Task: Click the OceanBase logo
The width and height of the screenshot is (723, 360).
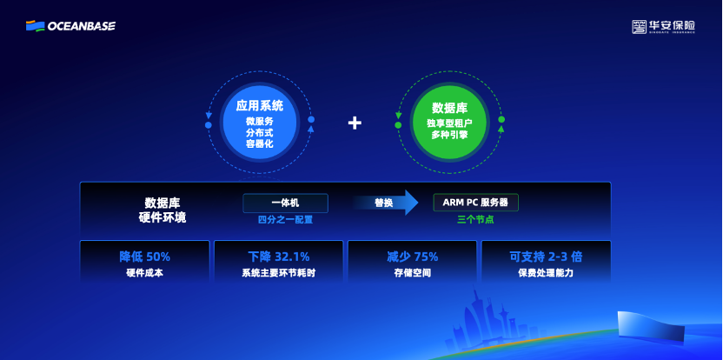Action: click(70, 26)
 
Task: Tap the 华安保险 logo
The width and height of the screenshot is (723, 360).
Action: click(663, 27)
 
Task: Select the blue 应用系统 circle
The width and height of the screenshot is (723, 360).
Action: click(259, 123)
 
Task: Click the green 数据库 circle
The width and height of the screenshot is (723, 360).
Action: click(449, 122)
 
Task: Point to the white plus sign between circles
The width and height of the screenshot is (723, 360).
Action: click(355, 123)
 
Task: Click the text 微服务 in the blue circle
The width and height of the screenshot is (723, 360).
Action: click(259, 121)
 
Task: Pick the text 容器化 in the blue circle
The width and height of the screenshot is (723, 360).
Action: click(259, 143)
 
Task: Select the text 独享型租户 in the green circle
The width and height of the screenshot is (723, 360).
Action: click(449, 123)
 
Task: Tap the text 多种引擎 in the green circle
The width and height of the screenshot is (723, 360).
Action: click(449, 136)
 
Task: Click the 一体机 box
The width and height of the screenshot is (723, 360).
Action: click(285, 203)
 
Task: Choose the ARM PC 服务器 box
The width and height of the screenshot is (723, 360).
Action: click(475, 203)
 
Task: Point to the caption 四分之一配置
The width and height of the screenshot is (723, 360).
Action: click(285, 220)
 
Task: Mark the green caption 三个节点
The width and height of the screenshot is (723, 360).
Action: click(475, 220)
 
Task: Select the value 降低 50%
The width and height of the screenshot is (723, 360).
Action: click(144, 257)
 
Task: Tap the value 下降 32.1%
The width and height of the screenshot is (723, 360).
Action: click(278, 257)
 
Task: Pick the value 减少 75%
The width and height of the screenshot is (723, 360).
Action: click(412, 257)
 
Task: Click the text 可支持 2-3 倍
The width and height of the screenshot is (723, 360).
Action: click(546, 257)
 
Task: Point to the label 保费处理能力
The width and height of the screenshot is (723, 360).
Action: click(546, 273)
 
